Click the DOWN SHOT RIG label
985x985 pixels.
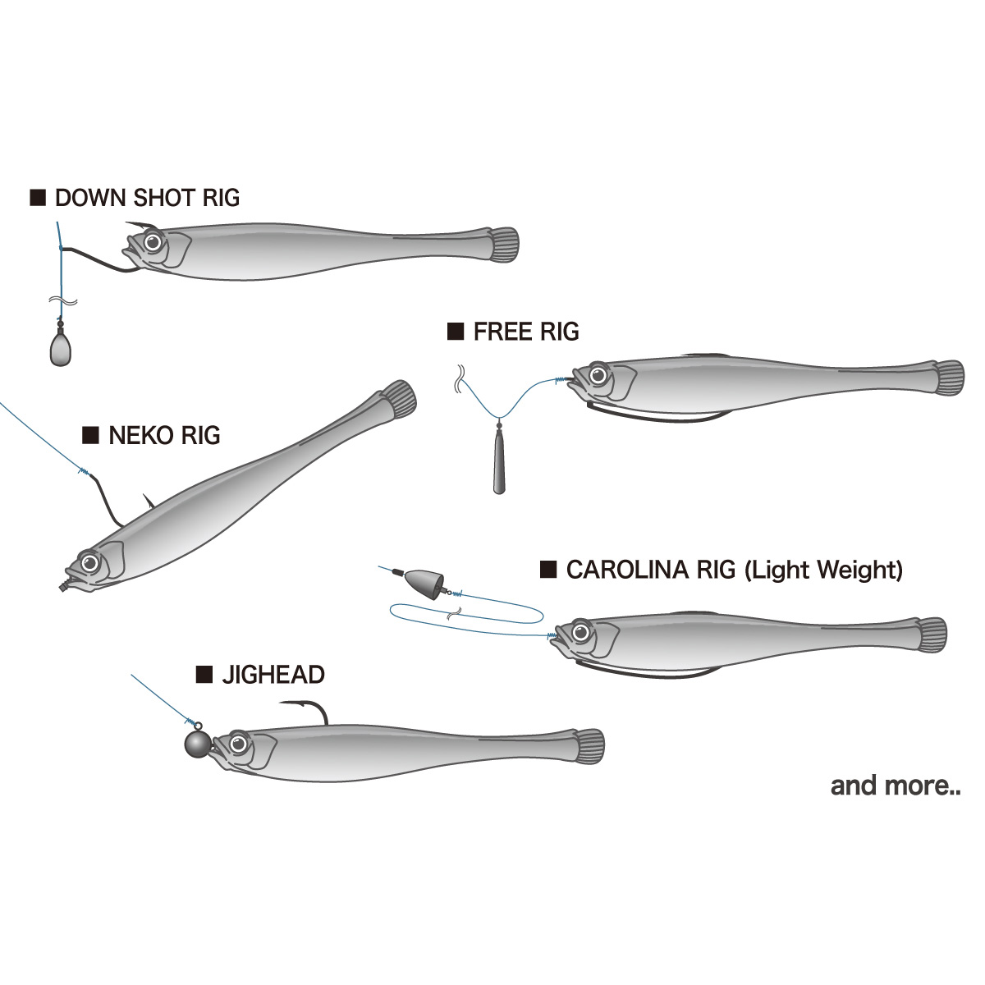pyautogui.click(x=147, y=198)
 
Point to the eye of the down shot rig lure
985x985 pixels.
pyautogui.click(x=153, y=242)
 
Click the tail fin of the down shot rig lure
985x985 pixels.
pyautogui.click(x=504, y=245)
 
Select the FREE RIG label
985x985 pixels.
pyautogui.click(x=526, y=332)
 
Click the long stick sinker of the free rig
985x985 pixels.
pyautogui.click(x=499, y=460)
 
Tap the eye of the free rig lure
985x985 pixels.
pyautogui.click(x=598, y=376)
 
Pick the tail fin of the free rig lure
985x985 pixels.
pyautogui.click(x=949, y=378)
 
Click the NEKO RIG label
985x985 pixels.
pyautogui.click(x=164, y=436)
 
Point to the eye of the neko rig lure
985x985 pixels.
pyautogui.click(x=90, y=563)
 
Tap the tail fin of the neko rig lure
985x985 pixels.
pyautogui.click(x=400, y=399)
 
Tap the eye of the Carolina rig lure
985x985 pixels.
pyautogui.click(x=580, y=633)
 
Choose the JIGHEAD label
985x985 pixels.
pyautogui.click(x=273, y=676)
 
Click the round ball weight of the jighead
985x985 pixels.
pyautogui.click(x=198, y=744)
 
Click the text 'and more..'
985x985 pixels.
pyautogui.click(x=895, y=786)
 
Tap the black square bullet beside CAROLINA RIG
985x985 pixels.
pyautogui.click(x=548, y=570)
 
